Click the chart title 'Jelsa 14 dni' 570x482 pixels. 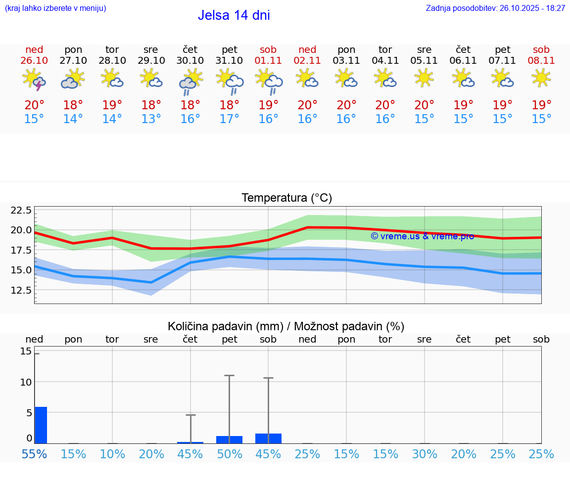[x=234, y=15]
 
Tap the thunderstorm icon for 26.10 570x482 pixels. [x=34, y=80]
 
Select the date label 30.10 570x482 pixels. [x=190, y=60]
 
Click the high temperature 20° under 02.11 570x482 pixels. [x=307, y=105]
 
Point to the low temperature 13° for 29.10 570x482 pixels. [x=151, y=119]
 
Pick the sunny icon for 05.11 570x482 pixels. [x=424, y=78]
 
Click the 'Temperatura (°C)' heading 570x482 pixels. [x=286, y=198]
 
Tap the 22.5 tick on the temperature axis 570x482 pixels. [x=21, y=211]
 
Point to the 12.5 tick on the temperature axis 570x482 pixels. [x=21, y=290]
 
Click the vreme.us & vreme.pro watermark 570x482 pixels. [x=422, y=236]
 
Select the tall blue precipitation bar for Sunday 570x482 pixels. [x=41, y=425]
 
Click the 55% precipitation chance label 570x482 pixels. [x=34, y=454]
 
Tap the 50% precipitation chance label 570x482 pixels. [x=229, y=454]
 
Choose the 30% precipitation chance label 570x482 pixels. [x=425, y=454]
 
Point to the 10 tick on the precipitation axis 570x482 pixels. [x=26, y=382]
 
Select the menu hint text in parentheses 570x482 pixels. [x=55, y=8]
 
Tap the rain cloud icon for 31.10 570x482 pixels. [x=230, y=82]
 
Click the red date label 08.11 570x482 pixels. [x=541, y=60]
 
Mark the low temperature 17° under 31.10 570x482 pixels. [x=229, y=119]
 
